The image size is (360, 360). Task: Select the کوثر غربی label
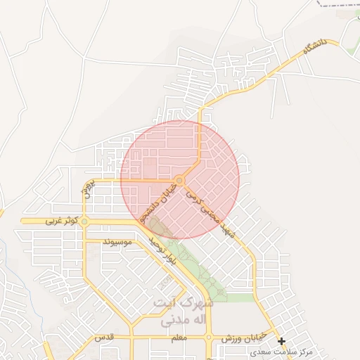point(60,221)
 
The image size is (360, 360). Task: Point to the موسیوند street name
point(117,243)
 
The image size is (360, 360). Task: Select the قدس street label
point(105,338)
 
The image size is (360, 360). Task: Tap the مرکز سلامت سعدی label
point(323,349)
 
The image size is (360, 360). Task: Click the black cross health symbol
point(281,342)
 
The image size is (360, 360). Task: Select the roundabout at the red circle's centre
point(180,181)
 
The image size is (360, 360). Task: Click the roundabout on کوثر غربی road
point(84,221)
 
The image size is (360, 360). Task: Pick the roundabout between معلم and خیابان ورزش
point(209,338)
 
